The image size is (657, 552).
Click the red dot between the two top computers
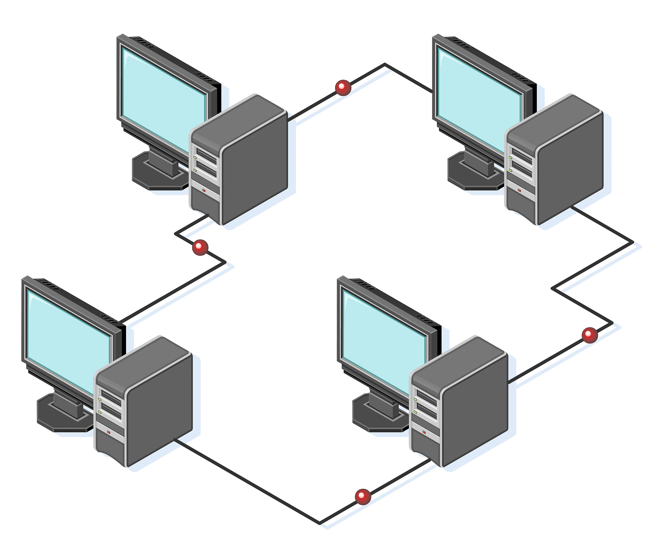[x=343, y=88]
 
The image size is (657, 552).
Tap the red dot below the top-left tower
[x=200, y=247]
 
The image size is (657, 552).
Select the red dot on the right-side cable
[x=590, y=335]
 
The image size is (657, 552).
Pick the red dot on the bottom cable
[x=363, y=497]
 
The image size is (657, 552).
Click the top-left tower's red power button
[x=204, y=190]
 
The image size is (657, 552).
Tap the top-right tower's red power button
[x=519, y=190]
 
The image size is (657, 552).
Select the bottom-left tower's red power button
[x=109, y=432]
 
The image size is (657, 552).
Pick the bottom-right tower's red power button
[x=424, y=432]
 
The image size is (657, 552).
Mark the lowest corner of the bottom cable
[x=320, y=523]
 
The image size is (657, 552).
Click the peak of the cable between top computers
[x=385, y=65]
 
